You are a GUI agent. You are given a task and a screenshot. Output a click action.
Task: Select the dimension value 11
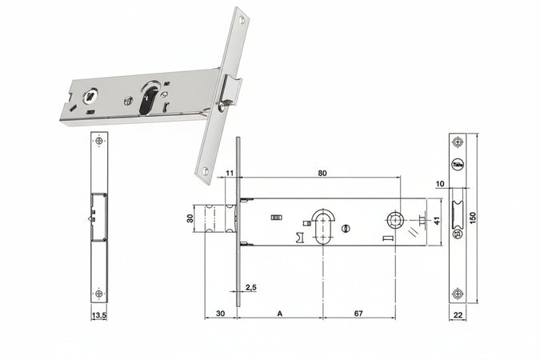click(x=230, y=173)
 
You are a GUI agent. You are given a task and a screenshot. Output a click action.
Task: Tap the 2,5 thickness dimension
click(x=250, y=287)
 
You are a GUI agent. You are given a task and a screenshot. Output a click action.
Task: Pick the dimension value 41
click(x=437, y=220)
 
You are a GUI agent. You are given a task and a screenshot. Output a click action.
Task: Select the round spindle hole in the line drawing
click(x=395, y=219)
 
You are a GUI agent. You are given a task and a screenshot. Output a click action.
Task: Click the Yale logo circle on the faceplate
click(x=458, y=165)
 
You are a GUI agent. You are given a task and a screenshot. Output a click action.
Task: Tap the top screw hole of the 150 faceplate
click(x=458, y=142)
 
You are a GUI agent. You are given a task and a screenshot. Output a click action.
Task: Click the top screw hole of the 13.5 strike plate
click(x=99, y=142)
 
